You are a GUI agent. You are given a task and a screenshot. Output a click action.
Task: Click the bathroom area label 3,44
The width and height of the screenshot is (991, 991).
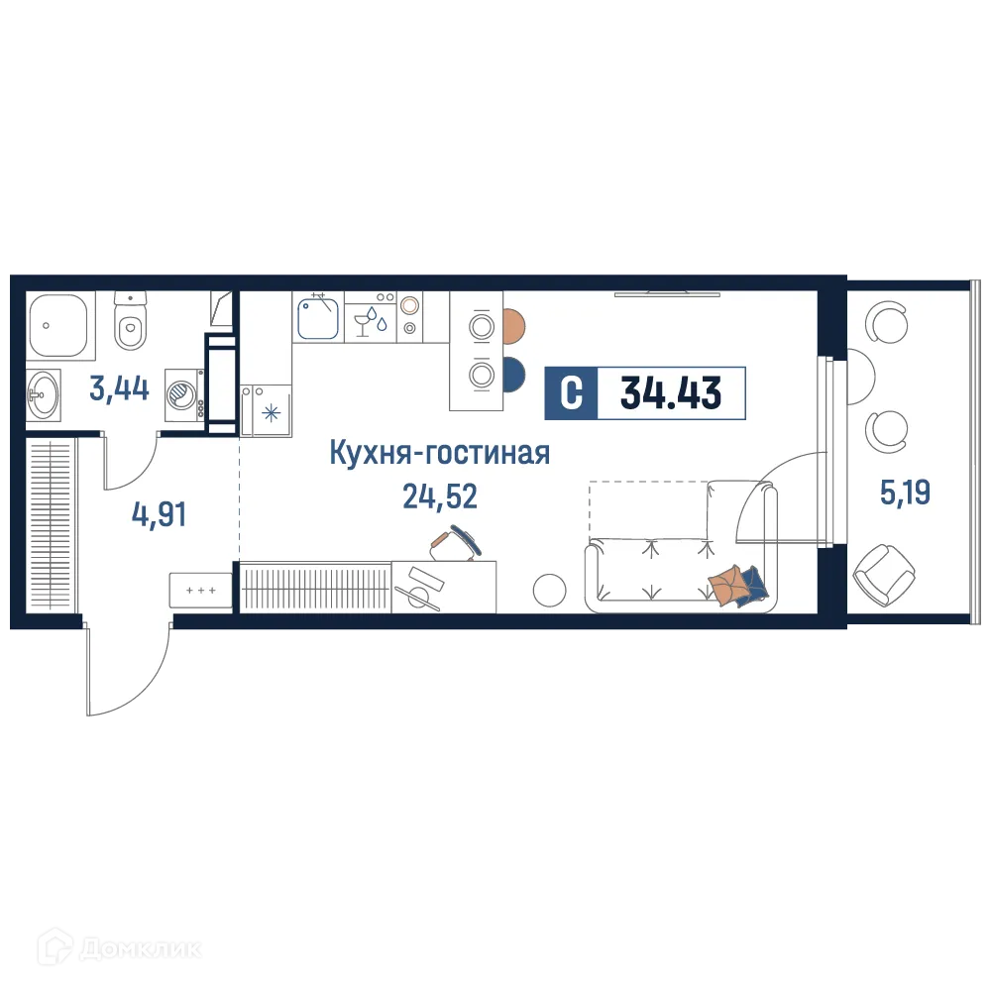pyautogui.click(x=119, y=388)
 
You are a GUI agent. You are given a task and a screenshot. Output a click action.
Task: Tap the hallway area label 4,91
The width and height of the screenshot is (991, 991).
pyautogui.click(x=159, y=514)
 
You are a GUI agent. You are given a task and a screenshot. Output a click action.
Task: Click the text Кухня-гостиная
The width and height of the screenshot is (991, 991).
pyautogui.click(x=439, y=454)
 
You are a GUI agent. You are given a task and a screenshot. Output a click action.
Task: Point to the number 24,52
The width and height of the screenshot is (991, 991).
pyautogui.click(x=439, y=496)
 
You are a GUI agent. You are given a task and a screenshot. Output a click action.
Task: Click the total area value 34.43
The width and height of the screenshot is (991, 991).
pyautogui.click(x=671, y=393)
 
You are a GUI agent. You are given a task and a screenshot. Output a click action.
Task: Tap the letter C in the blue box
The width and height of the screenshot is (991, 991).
pyautogui.click(x=572, y=393)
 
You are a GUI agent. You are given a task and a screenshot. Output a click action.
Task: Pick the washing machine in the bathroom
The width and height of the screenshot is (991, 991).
pyautogui.click(x=183, y=393)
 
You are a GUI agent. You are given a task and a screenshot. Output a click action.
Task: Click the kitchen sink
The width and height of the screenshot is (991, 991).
pyautogui.click(x=318, y=318)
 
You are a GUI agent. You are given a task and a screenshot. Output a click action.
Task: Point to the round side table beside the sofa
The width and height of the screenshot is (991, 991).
pyautogui.click(x=549, y=591)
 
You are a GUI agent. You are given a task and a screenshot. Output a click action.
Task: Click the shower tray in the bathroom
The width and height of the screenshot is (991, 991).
pyautogui.click(x=57, y=327)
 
